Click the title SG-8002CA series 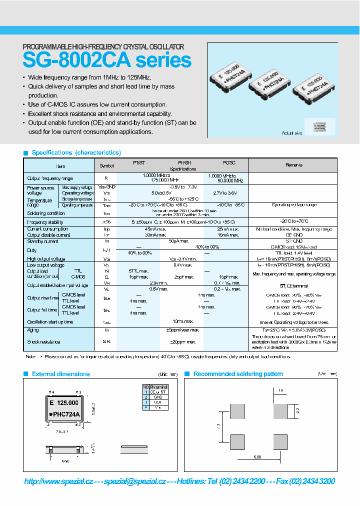[x=107, y=60]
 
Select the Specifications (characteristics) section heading [x=76, y=152]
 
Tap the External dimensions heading [x=60, y=374]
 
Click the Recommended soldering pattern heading [x=238, y=374]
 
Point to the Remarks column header [x=293, y=165]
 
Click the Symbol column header [x=106, y=165]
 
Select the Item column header [x=60, y=165]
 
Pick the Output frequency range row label [x=50, y=178]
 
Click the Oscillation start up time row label [x=50, y=322]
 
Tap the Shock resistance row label [x=43, y=342]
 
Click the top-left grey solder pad [x=237, y=412]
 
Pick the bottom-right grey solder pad [x=280, y=441]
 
